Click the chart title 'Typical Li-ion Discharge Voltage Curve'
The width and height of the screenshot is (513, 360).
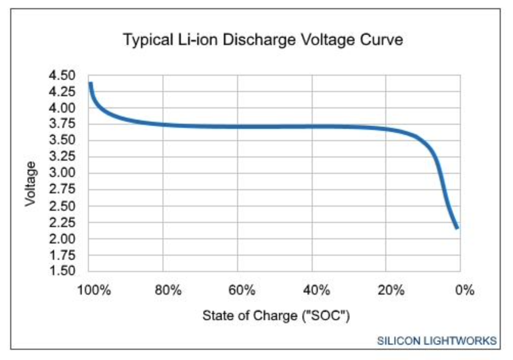pyautogui.click(x=263, y=39)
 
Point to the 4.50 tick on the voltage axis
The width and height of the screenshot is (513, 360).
pyautogui.click(x=62, y=76)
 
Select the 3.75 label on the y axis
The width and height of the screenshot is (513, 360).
pyautogui.click(x=62, y=124)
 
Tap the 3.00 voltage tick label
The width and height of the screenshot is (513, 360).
pyautogui.click(x=62, y=173)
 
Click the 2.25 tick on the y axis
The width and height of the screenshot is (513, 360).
pyautogui.click(x=62, y=222)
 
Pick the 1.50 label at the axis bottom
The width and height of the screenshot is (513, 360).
pyautogui.click(x=62, y=271)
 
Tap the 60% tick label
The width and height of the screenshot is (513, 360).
pyautogui.click(x=242, y=290)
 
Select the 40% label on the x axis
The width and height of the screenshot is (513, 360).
pyautogui.click(x=316, y=290)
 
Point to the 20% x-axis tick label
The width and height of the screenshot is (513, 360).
pyautogui.click(x=390, y=290)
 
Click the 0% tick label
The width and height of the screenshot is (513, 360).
pyautogui.click(x=464, y=290)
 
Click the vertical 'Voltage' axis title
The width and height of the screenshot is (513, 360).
pyautogui.click(x=31, y=184)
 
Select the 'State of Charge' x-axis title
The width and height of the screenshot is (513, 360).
pyautogui.click(x=276, y=315)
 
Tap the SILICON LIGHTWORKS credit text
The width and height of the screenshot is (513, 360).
pyautogui.click(x=437, y=341)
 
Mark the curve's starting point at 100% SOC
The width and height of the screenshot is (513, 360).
pyautogui.click(x=90, y=83)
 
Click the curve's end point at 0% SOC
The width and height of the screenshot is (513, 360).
pyautogui.click(x=457, y=228)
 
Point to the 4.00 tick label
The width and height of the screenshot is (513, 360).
pyautogui.click(x=62, y=108)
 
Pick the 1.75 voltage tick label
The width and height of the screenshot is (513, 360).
pyautogui.click(x=62, y=255)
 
